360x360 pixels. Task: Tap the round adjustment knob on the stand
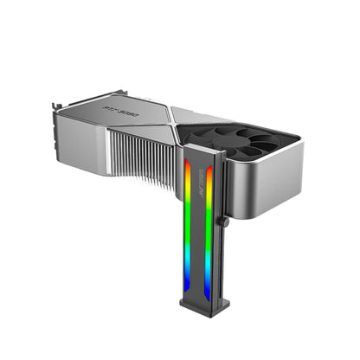click(x=223, y=222)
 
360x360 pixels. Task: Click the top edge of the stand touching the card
click(x=199, y=149)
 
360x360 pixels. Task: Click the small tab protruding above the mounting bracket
click(x=54, y=105)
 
